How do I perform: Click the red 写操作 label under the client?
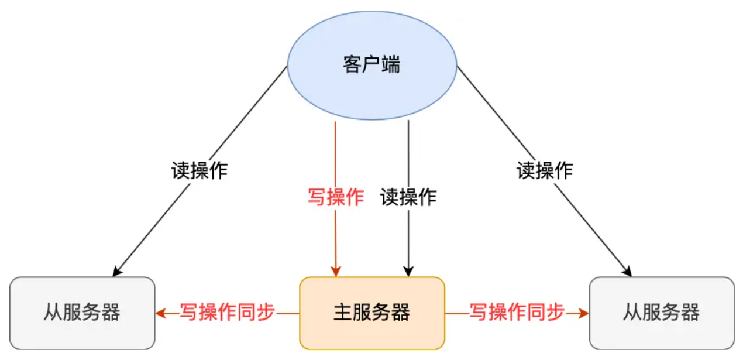[x=336, y=197]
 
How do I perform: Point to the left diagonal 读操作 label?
[x=199, y=170]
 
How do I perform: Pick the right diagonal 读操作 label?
[x=544, y=170]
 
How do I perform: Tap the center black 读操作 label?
[x=408, y=197]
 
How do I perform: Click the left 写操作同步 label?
[x=227, y=313]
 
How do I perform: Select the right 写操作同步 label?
[x=517, y=313]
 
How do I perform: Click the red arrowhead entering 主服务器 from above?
[x=336, y=271]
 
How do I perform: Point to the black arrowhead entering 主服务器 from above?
[x=408, y=271]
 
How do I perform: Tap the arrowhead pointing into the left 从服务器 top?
[x=117, y=271]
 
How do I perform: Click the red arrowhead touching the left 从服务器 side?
[x=160, y=314]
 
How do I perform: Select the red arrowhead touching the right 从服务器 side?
[x=584, y=314]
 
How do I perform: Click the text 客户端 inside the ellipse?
[x=371, y=64]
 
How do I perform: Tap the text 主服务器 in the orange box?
[x=372, y=313]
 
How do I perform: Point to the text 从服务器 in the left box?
[x=82, y=313]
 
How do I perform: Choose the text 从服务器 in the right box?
[x=661, y=313]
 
